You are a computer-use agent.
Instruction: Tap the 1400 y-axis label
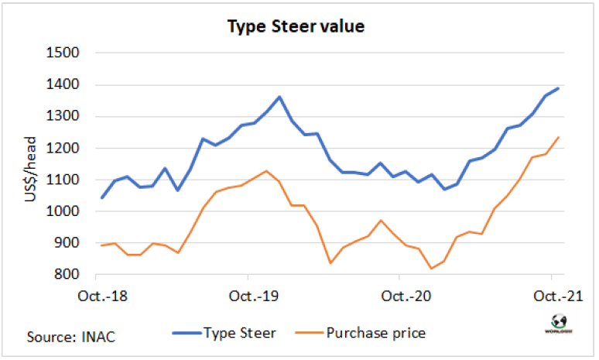(66, 85)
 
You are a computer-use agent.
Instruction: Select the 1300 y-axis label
(66, 117)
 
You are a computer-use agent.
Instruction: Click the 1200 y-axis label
(66, 149)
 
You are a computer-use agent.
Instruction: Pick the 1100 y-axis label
(66, 180)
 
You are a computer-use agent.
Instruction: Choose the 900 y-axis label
(69, 243)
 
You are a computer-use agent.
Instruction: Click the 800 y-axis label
(69, 275)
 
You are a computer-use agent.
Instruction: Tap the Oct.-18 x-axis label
(96, 296)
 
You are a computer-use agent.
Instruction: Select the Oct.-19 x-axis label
(248, 296)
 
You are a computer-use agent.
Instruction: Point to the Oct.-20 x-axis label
(399, 296)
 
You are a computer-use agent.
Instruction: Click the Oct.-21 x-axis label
(550, 296)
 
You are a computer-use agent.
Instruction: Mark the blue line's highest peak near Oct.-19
(279, 98)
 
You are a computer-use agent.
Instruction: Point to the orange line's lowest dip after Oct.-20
(430, 269)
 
